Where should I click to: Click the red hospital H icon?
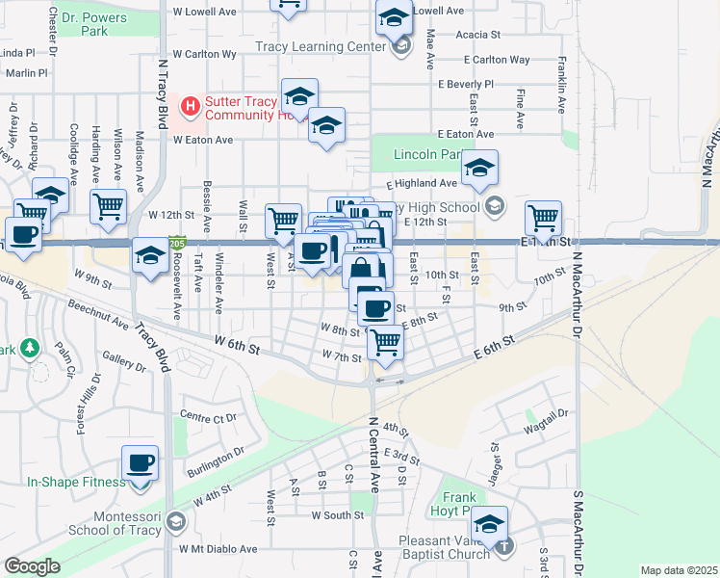[190, 104]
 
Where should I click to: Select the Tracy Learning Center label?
[321, 46]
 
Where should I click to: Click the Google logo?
[32, 566]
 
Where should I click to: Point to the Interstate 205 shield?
[177, 246]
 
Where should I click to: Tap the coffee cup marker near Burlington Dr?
[141, 463]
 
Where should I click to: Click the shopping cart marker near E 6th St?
[385, 341]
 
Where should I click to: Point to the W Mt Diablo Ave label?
[218, 549]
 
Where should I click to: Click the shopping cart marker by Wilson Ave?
[108, 206]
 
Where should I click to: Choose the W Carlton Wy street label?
[204, 55]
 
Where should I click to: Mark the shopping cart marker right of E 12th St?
[544, 217]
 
